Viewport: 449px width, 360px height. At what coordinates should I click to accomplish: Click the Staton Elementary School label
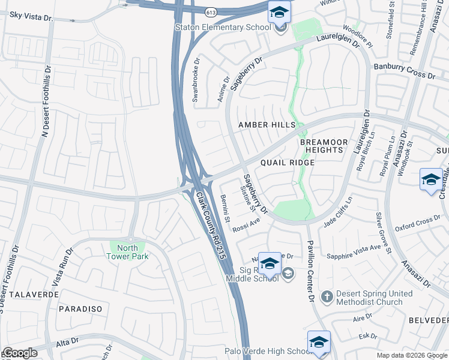point(222,27)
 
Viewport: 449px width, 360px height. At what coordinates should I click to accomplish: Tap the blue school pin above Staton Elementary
point(279,12)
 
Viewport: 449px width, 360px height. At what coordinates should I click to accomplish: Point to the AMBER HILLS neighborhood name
point(267,125)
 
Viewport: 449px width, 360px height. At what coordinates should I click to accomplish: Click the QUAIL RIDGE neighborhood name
point(288,163)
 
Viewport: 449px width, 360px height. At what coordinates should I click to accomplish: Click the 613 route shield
point(210,11)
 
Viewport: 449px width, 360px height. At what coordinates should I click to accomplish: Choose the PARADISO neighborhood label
point(80,308)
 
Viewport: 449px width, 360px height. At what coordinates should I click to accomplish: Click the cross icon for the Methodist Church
point(327,296)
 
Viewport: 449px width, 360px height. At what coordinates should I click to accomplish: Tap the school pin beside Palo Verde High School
point(319,341)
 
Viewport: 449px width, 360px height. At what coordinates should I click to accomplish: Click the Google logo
point(20,353)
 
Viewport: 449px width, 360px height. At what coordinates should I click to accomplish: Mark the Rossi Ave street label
point(247,224)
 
